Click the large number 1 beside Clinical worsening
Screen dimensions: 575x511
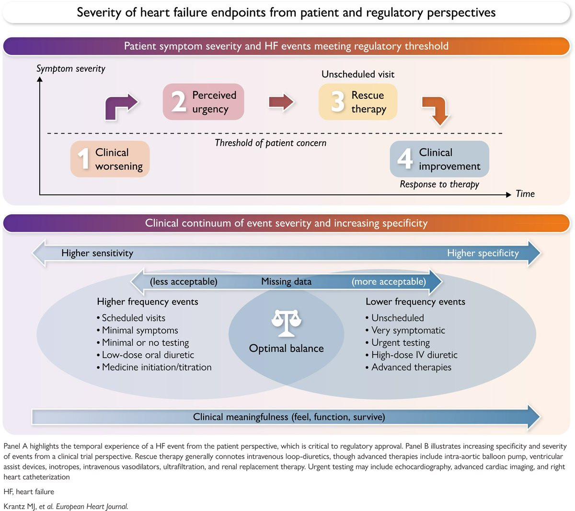click(84, 159)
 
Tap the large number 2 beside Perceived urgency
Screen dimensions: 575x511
click(179, 101)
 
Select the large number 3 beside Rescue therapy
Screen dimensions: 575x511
click(338, 101)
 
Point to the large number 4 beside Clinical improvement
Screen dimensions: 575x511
click(405, 159)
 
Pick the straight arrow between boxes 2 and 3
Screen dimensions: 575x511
click(281, 102)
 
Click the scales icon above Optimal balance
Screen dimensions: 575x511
click(287, 323)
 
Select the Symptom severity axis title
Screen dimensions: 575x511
click(70, 68)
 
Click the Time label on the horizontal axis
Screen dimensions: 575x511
click(525, 194)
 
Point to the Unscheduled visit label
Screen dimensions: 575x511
click(357, 74)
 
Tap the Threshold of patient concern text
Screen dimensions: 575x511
click(270, 143)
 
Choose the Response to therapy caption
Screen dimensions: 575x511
click(439, 184)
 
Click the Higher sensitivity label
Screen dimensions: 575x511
click(97, 253)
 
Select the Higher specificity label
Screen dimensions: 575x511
click(483, 253)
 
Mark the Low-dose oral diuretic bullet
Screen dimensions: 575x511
click(145, 355)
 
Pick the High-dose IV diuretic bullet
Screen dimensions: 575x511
click(412, 355)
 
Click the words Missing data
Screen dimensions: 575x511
click(286, 282)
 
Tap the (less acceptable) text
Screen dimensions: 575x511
click(184, 282)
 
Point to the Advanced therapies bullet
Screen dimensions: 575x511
click(408, 367)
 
